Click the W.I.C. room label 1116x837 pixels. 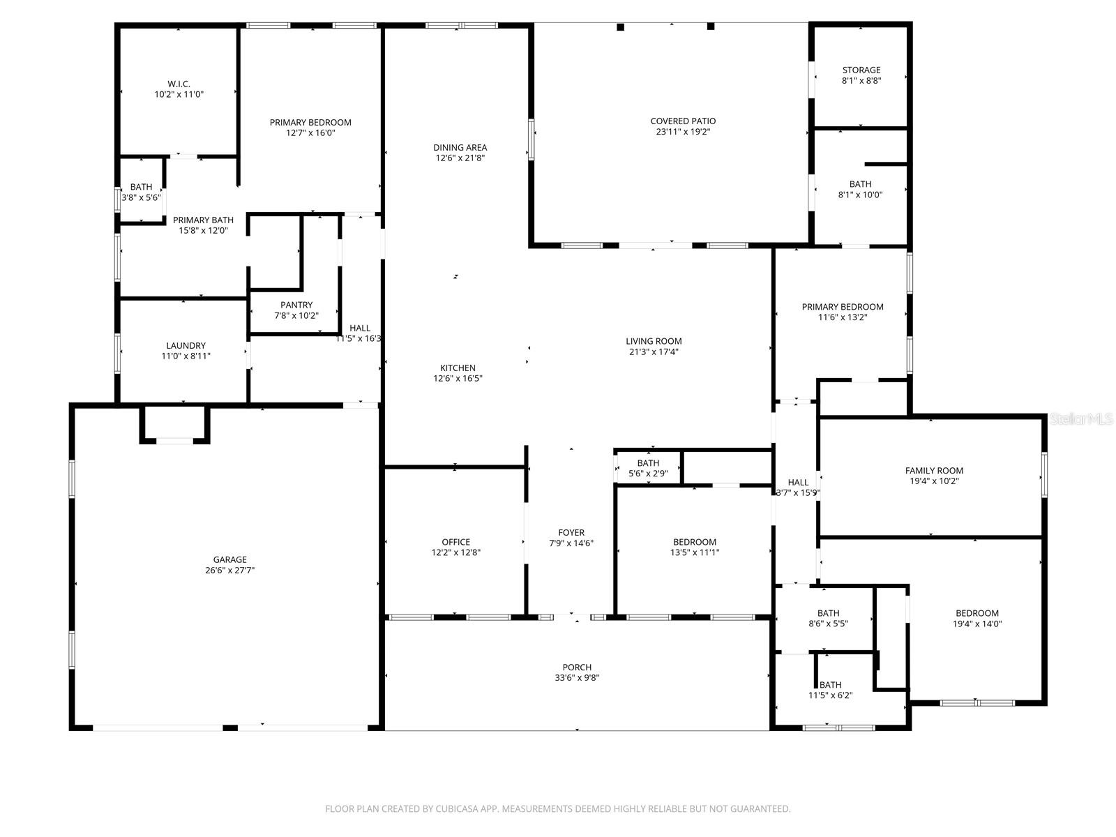(179, 84)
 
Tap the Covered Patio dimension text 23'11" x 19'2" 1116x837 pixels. (683, 132)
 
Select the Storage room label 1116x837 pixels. (861, 70)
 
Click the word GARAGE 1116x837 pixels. (229, 559)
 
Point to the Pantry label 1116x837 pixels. (296, 305)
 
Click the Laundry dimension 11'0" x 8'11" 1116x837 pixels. (186, 356)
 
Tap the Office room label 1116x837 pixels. (455, 542)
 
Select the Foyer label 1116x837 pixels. (571, 533)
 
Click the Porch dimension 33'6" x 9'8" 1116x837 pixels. (577, 678)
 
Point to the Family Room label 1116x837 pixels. (934, 471)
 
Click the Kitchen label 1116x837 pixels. (458, 368)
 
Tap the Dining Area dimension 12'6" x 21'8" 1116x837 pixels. (460, 158)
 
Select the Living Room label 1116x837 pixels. (654, 341)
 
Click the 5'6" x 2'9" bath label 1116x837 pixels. (648, 468)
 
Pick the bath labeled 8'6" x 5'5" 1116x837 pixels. (829, 619)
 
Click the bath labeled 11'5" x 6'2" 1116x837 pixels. (830, 690)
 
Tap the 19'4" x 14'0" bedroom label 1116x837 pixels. (977, 619)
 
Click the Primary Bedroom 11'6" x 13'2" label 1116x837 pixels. (843, 312)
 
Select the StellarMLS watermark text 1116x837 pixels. (1082, 419)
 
